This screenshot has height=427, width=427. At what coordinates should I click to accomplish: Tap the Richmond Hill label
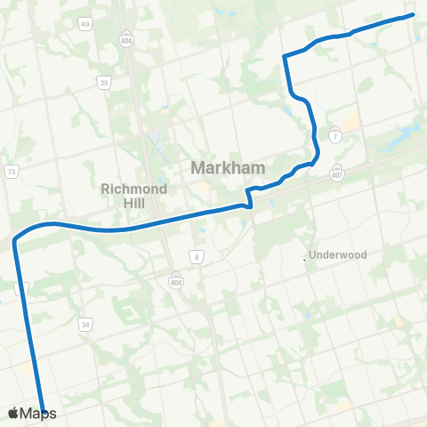click(x=129, y=195)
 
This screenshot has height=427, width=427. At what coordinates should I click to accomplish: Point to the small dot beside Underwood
click(x=305, y=259)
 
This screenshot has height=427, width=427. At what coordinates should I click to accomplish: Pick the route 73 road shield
click(x=12, y=172)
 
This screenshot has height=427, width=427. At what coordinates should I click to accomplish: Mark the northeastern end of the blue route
click(x=414, y=14)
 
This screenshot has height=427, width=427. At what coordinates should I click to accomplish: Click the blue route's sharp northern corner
click(x=284, y=56)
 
